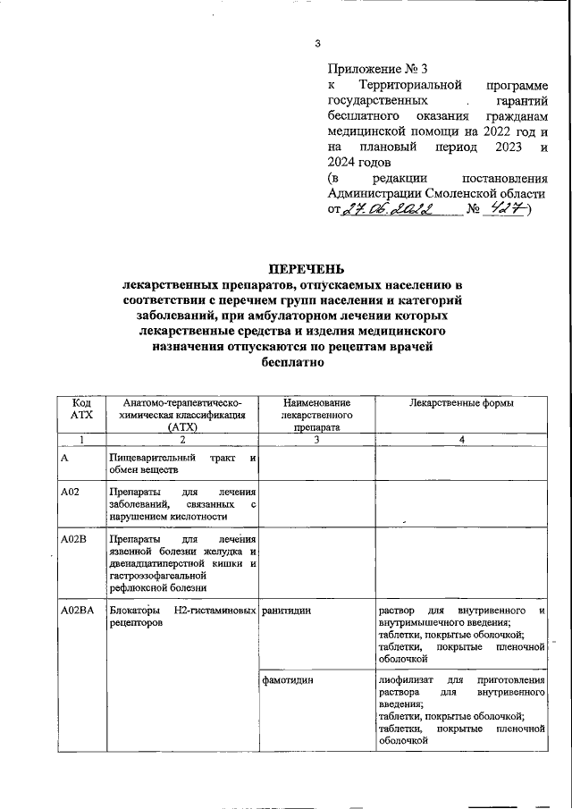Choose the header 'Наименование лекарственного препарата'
pyautogui.click(x=316, y=416)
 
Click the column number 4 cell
pyautogui.click(x=461, y=439)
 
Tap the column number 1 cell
pyautogui.click(x=80, y=439)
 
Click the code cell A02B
pyautogui.click(x=71, y=541)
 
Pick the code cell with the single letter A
pyautogui.click(x=64, y=458)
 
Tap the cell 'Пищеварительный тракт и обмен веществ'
pyautogui.click(x=182, y=464)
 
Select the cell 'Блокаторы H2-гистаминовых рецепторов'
pyautogui.click(x=182, y=617)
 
